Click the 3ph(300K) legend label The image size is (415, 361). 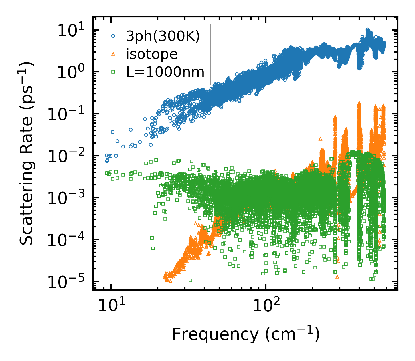point(163,37)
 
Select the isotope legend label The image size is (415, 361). point(152,54)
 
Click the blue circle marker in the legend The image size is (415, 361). point(113,36)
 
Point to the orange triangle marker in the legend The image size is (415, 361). point(113,54)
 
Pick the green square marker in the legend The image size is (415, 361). point(113,72)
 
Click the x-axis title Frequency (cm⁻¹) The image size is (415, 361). point(246,334)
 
